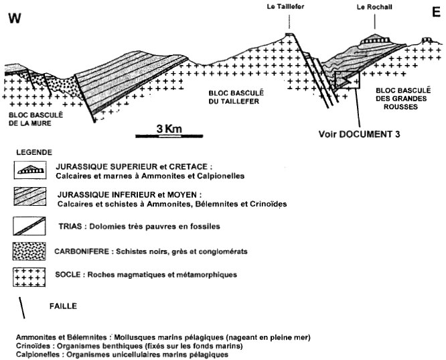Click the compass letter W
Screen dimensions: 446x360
[15, 18]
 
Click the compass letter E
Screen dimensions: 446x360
[436, 12]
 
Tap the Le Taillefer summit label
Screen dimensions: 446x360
[285, 7]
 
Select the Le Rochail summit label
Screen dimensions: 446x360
[374, 7]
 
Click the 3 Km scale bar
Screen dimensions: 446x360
[169, 136]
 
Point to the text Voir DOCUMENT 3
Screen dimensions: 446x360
[359, 134]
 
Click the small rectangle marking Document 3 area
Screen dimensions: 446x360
[348, 80]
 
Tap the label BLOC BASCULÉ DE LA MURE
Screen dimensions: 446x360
[35, 119]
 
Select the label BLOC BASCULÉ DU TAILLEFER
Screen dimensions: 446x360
[236, 97]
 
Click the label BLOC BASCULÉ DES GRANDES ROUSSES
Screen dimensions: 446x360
[403, 99]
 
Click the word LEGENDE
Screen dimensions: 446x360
[34, 152]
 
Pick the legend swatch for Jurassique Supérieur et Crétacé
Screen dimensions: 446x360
[30, 170]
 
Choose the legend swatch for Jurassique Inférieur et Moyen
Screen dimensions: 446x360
[30, 196]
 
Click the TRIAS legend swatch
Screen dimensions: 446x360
[29, 226]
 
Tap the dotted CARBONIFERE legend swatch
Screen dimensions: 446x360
[29, 251]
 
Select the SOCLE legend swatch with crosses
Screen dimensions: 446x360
[29, 277]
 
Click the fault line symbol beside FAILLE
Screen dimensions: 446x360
[22, 308]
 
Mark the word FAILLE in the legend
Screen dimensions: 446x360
[63, 306]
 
